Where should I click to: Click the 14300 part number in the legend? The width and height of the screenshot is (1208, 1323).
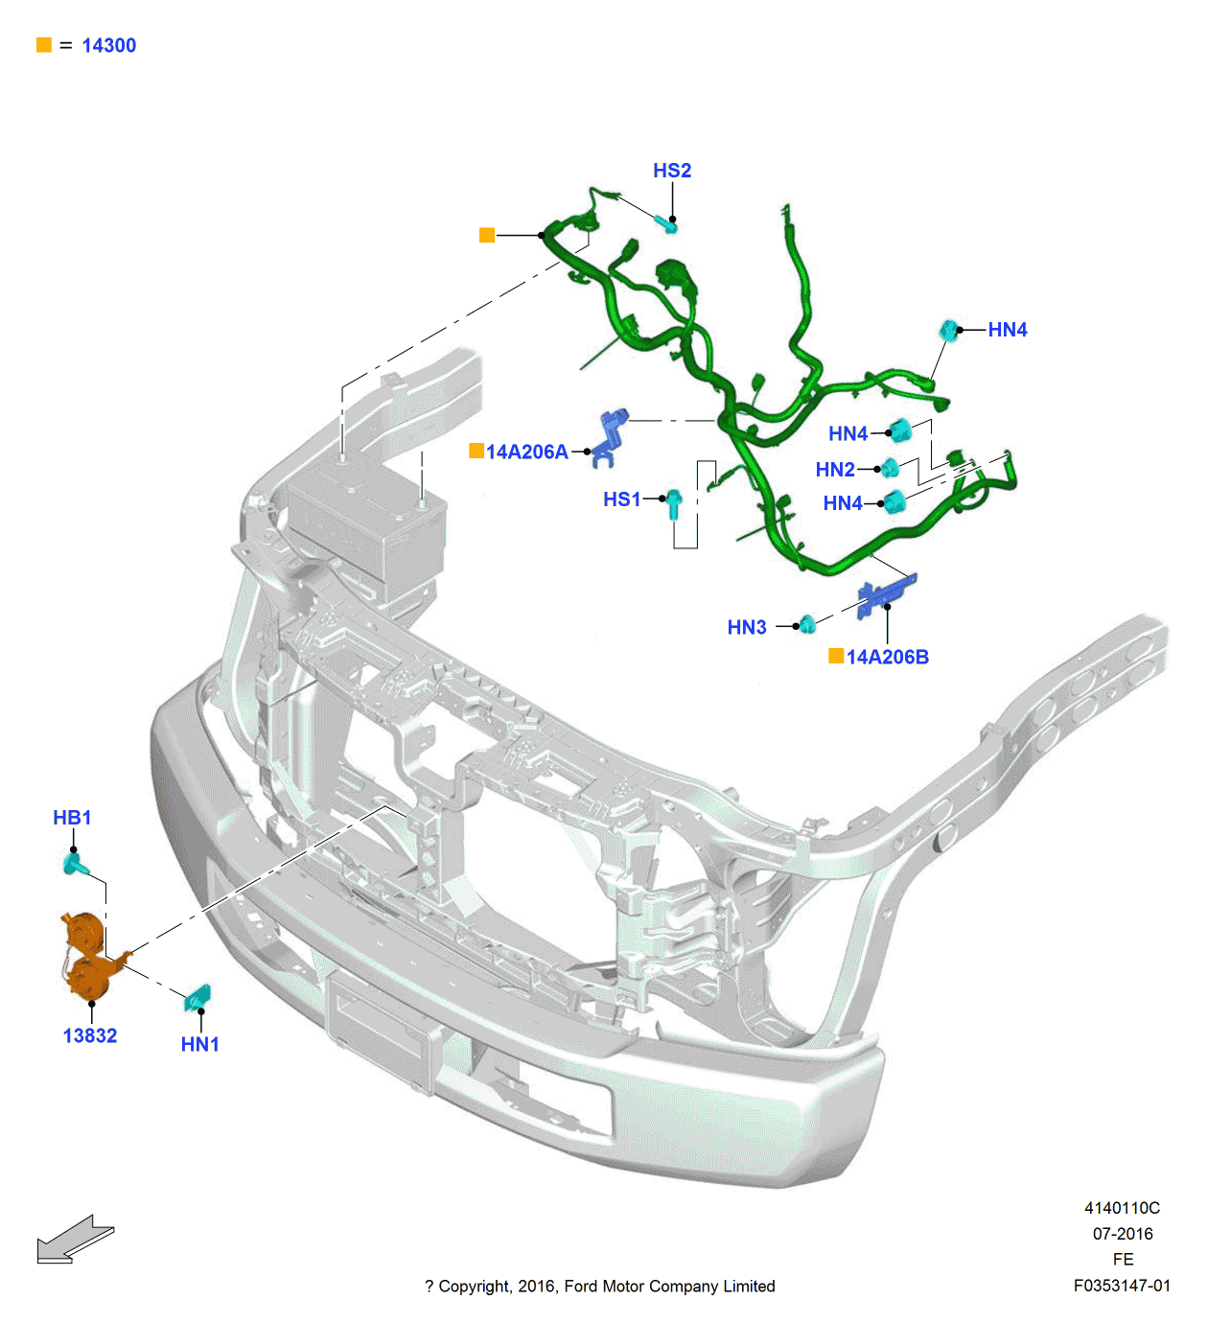108,45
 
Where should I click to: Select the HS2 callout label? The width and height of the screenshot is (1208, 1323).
672,171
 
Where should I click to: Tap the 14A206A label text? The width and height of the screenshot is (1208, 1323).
526,452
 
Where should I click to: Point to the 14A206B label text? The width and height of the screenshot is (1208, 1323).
887,657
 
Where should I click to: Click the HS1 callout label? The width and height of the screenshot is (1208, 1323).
621,499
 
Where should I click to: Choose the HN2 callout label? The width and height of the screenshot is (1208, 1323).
835,470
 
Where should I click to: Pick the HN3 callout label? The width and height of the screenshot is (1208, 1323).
747,628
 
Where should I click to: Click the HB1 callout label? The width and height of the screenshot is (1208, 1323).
72,818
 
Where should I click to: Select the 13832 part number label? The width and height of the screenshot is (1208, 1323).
90,1035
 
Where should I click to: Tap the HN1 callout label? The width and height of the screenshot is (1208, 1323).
200,1044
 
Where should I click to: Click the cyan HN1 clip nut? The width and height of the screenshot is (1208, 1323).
197,997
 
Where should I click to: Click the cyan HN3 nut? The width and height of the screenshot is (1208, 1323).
807,625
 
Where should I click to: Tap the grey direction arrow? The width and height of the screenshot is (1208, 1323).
75,1240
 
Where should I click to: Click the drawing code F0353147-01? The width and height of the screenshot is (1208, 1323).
1122,1286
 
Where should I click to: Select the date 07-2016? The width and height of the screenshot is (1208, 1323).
1123,1234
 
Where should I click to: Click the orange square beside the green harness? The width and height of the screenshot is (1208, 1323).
487,235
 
